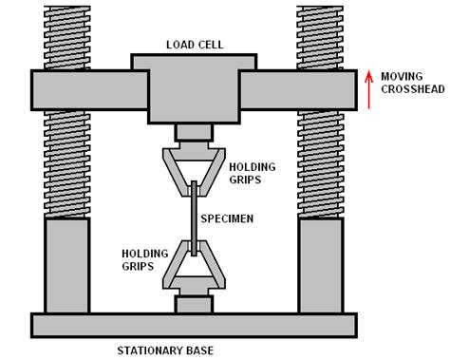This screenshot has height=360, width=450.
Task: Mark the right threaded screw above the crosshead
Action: [320, 35]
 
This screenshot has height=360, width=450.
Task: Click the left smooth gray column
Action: [66, 266]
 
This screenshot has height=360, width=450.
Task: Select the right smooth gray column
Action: [320, 266]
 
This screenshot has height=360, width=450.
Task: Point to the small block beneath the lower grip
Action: [193, 305]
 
